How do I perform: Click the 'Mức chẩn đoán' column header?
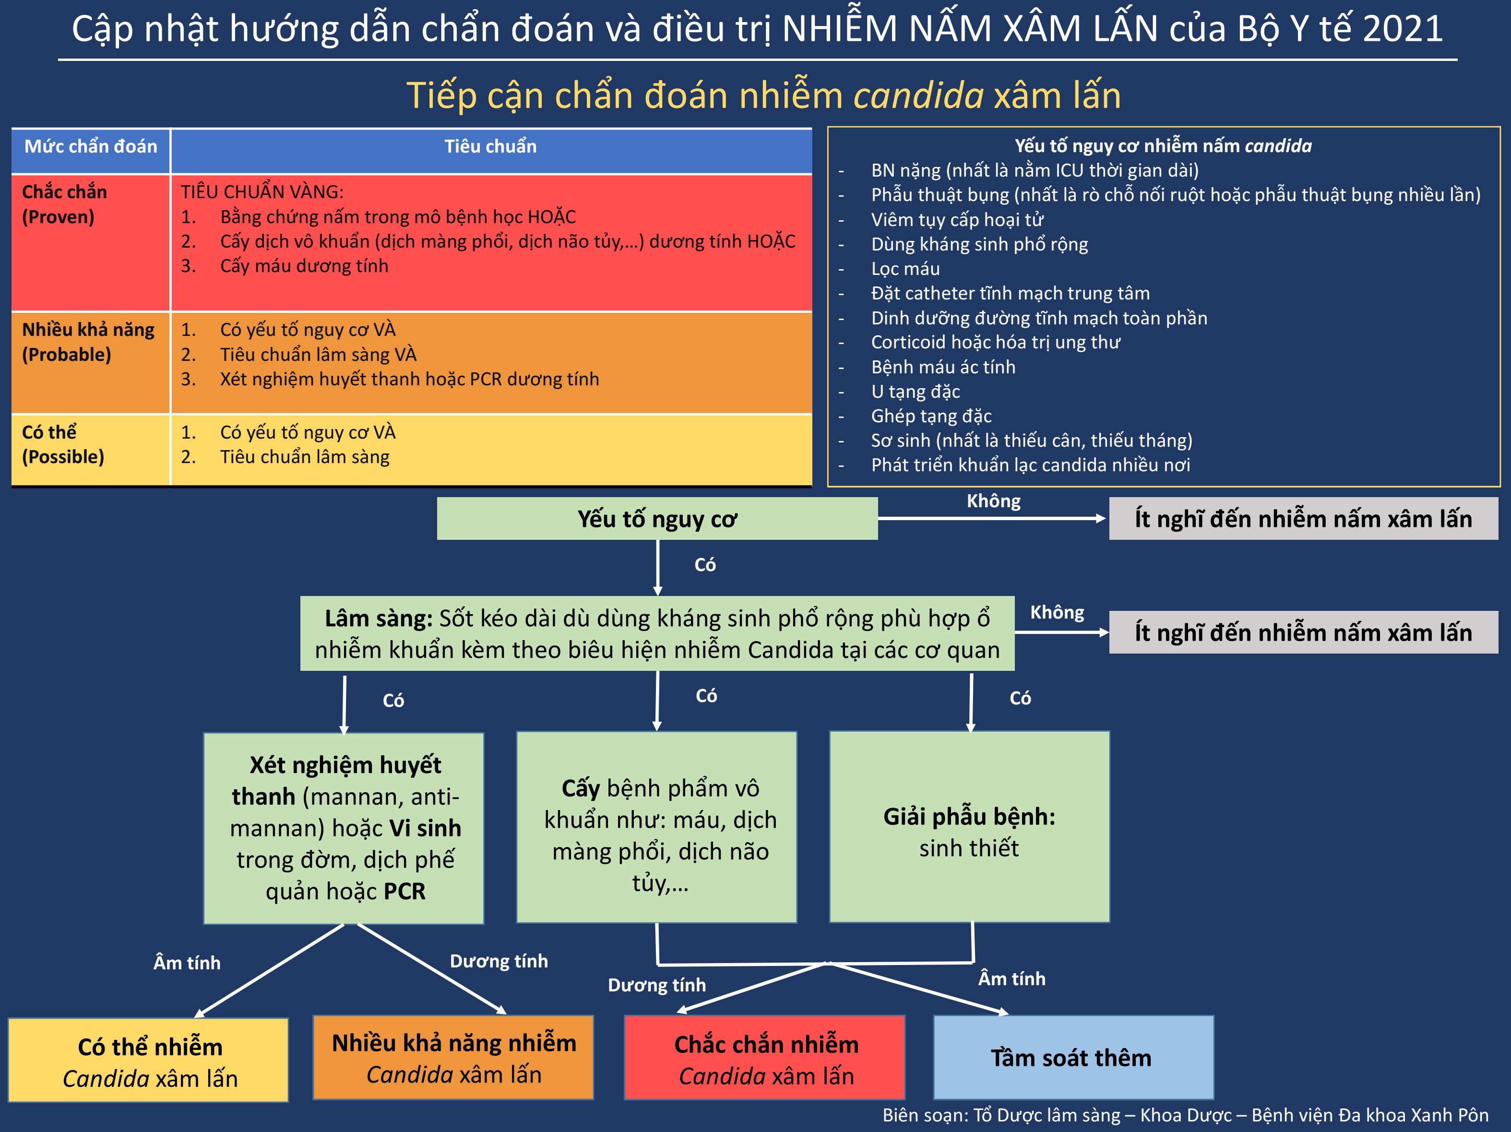[91, 147]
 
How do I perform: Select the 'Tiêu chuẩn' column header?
[490, 147]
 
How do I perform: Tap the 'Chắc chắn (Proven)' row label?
[64, 204]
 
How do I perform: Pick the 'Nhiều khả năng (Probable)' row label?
[88, 342]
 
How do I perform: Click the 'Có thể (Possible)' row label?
[63, 444]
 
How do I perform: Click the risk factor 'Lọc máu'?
[905, 268]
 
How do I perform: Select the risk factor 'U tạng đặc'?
[916, 392]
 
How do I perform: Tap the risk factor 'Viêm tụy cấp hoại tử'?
[957, 219]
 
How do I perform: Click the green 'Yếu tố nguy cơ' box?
[657, 519]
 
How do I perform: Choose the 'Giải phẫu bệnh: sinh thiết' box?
[969, 827]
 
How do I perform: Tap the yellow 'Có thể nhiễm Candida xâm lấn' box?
[149, 1061]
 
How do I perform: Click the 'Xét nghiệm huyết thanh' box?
[344, 828]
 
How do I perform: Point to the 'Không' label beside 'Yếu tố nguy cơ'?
[993, 501]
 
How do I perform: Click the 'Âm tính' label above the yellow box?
[187, 963]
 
